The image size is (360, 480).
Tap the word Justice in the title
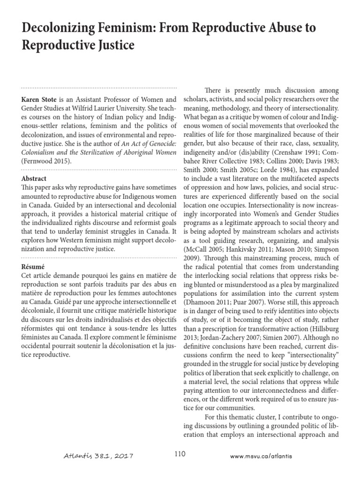click(112, 46)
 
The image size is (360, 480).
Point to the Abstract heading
click(34, 179)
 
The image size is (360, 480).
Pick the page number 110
click(180, 454)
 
